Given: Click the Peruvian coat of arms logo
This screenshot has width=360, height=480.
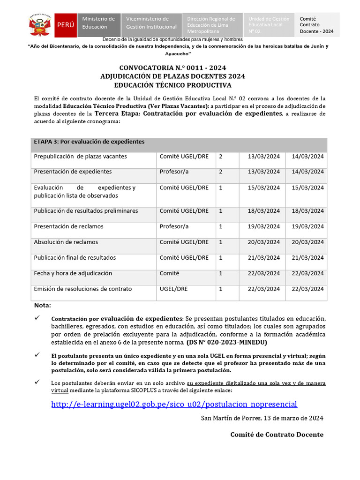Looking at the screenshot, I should coord(40,25).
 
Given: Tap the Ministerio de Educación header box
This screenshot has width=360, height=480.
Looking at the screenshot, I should coord(98,23).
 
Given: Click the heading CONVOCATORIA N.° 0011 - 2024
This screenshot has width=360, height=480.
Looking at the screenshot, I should coord(172,67).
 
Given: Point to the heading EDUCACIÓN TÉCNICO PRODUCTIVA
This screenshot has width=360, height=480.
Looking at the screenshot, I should coord(172,85).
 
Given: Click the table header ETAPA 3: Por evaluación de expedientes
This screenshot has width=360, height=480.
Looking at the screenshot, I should coord(89,142).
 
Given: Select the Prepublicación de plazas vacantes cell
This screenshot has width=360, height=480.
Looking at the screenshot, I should coord(80,156).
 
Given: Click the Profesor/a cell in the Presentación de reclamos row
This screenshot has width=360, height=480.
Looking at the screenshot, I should coord(174,226).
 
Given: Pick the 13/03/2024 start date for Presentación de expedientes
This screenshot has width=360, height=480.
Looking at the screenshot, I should coord(264,172).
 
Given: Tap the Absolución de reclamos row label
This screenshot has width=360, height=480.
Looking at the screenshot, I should coord(66,242).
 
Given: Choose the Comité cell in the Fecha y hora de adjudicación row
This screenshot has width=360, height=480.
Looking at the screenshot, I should coord(169,273).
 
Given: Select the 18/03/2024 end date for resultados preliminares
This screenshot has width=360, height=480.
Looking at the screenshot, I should coord(307,211).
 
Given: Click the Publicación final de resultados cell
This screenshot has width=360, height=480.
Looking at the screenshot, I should coord(75,257).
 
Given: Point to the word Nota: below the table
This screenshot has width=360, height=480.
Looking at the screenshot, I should coord(42,306).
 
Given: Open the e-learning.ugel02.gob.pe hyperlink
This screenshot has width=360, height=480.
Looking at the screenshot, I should coord(174,404).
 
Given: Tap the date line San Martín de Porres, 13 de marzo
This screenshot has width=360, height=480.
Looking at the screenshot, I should coord(262,418).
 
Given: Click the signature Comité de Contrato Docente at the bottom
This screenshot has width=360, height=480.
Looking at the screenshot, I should coord(277,435).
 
